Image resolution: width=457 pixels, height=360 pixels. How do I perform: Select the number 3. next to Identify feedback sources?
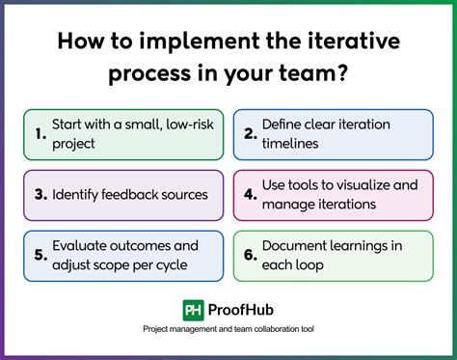point(40,194)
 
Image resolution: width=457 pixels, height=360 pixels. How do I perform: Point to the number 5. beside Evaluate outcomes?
point(40,254)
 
